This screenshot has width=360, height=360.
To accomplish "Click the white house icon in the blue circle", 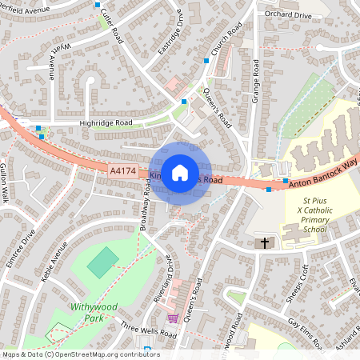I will click(x=180, y=172).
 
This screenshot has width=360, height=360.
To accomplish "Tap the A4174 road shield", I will click(x=122, y=170).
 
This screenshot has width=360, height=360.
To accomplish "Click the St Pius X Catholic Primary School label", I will click(x=304, y=215).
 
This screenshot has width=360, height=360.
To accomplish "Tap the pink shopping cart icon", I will click(x=172, y=318).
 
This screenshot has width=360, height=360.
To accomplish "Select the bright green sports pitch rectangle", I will click(x=102, y=262).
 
